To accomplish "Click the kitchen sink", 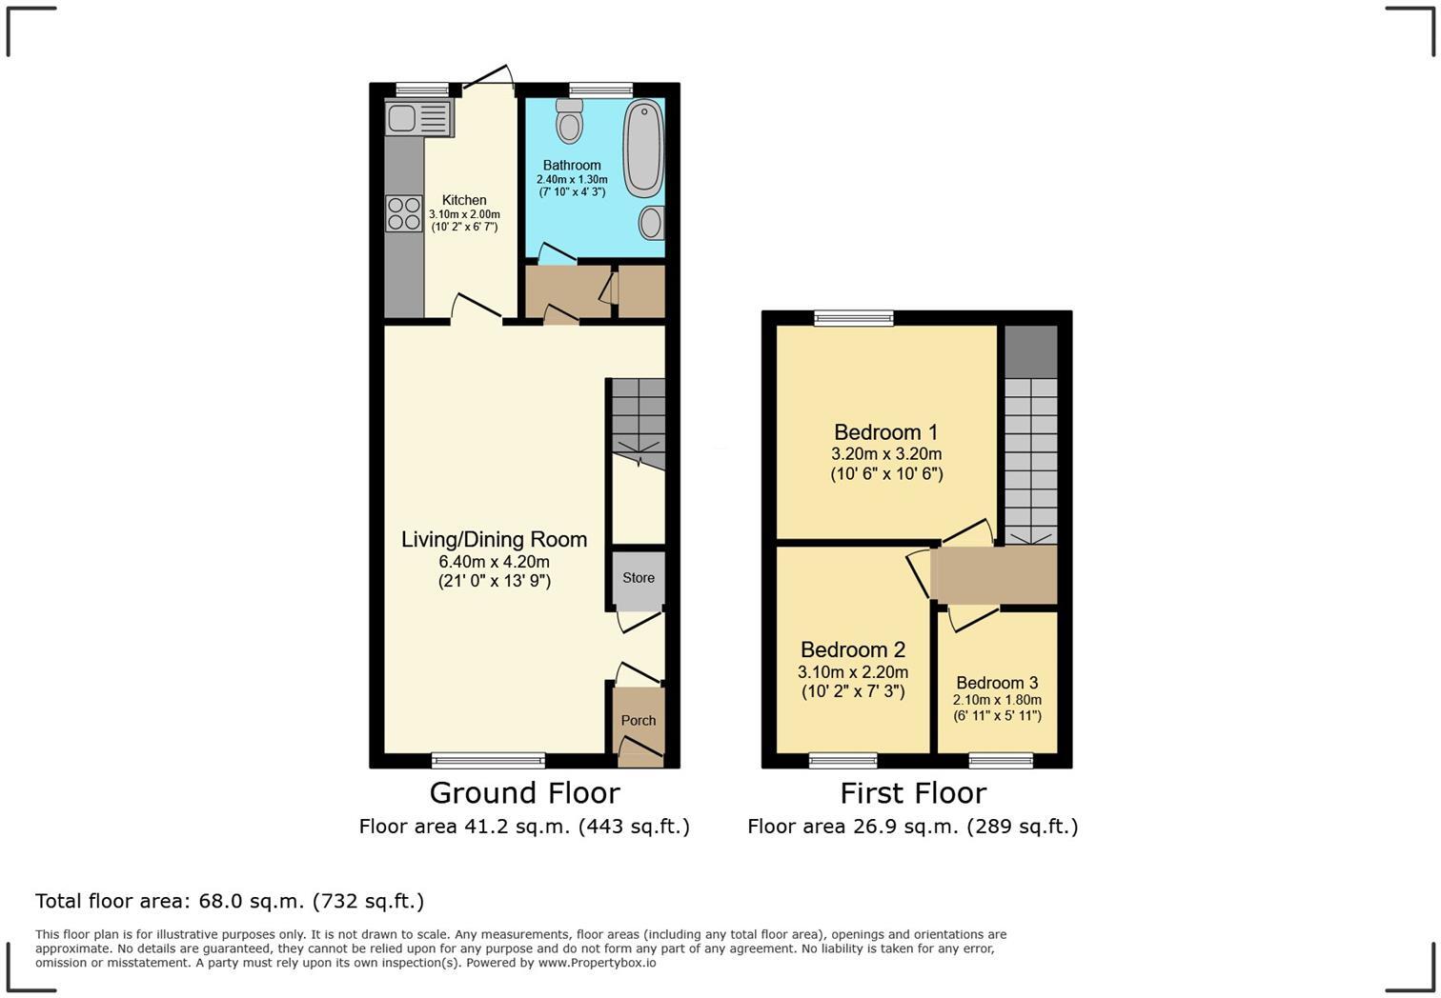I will coord(418,119).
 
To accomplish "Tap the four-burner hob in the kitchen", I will coord(403,213).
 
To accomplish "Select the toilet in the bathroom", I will coord(570,122).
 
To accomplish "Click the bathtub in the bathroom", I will coord(643,150).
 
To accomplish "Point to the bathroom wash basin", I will coord(651,223).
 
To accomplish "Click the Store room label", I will coord(639,578).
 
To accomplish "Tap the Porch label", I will coord(639,721).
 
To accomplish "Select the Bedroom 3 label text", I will coord(997,683).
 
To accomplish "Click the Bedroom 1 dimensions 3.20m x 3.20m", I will coord(886,454).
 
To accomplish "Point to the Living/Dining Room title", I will coord(494,539).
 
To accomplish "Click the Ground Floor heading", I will coord(524,792).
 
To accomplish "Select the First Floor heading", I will coord(913,792).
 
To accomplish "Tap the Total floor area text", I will coord(230,901).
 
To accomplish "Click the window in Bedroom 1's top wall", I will coord(854,318).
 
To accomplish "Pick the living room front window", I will coord(488,760).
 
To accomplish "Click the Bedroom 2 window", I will coord(842,760).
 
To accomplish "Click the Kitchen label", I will coord(464,200).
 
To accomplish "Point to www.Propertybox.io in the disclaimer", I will coord(597,963).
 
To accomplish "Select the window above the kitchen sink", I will coord(422,90).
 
